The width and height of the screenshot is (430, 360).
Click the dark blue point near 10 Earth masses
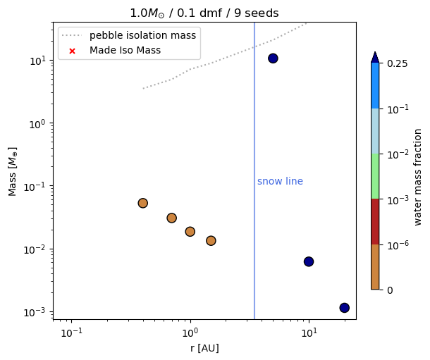click(x=273, y=58)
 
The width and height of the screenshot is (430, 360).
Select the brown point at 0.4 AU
click(x=142, y=203)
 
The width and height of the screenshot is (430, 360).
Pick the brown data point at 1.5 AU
click(x=211, y=240)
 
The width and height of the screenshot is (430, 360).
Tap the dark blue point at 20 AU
click(x=344, y=308)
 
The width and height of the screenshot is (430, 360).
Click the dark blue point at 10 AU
click(x=308, y=261)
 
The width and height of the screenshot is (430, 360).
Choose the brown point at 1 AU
click(x=190, y=231)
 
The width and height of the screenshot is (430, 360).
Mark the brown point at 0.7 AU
click(x=171, y=218)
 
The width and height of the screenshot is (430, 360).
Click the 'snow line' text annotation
click(x=280, y=182)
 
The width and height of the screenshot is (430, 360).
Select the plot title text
click(x=204, y=13)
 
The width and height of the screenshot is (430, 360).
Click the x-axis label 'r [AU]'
click(x=204, y=348)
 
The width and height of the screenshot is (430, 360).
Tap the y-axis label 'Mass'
click(x=13, y=171)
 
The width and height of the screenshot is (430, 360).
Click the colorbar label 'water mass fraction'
click(x=418, y=177)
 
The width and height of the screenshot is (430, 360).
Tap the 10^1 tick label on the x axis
click(x=309, y=332)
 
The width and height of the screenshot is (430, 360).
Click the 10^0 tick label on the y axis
click(x=36, y=123)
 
